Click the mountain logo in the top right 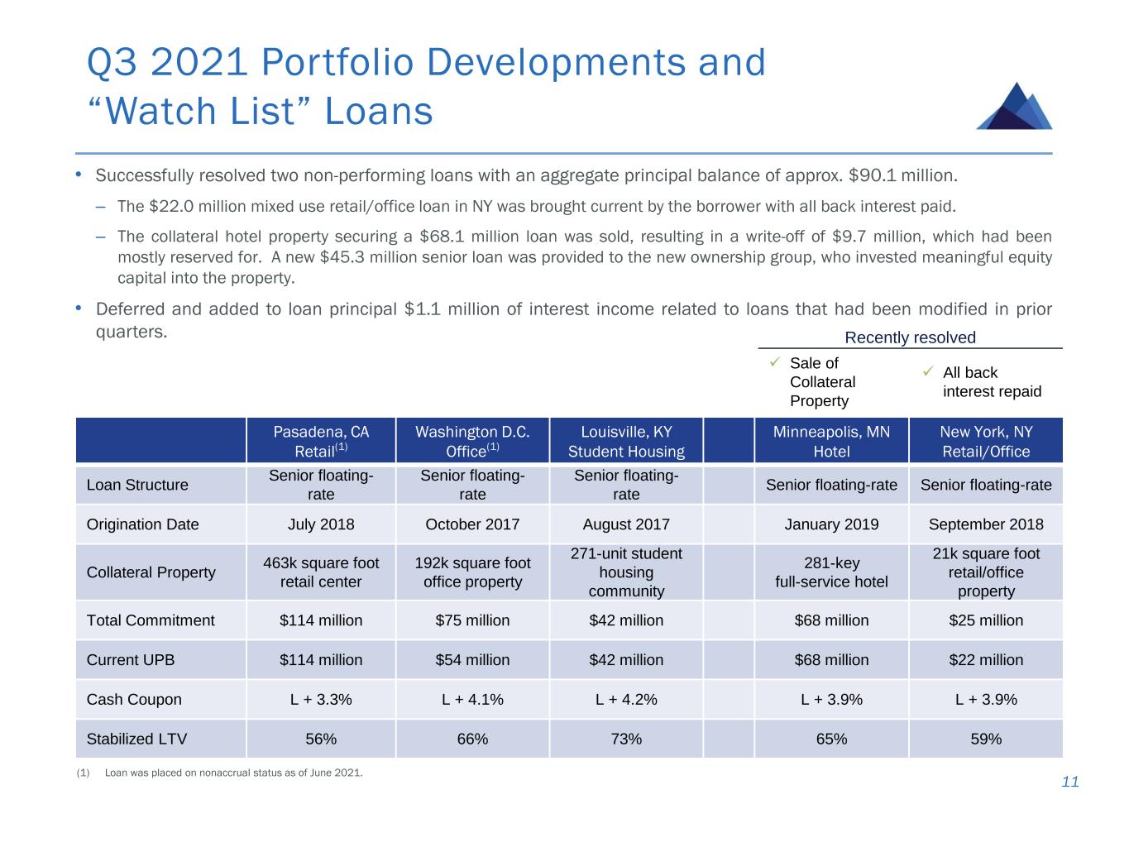click(1014, 107)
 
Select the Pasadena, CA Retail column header click(321, 441)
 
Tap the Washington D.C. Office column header click(472, 441)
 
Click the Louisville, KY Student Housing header click(626, 441)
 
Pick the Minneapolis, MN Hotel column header click(831, 441)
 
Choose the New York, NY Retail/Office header click(986, 441)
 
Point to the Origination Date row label click(142, 524)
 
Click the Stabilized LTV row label click(136, 739)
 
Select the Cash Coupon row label click(134, 699)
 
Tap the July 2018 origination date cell click(321, 524)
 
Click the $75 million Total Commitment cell click(472, 620)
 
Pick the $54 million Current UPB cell click(472, 660)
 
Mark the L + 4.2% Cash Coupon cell click(626, 699)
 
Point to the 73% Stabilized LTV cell click(626, 739)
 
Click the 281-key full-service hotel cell click(831, 572)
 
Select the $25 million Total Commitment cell click(986, 620)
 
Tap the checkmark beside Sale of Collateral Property click(775, 362)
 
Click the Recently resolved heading click(910, 337)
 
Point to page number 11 click(1070, 782)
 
